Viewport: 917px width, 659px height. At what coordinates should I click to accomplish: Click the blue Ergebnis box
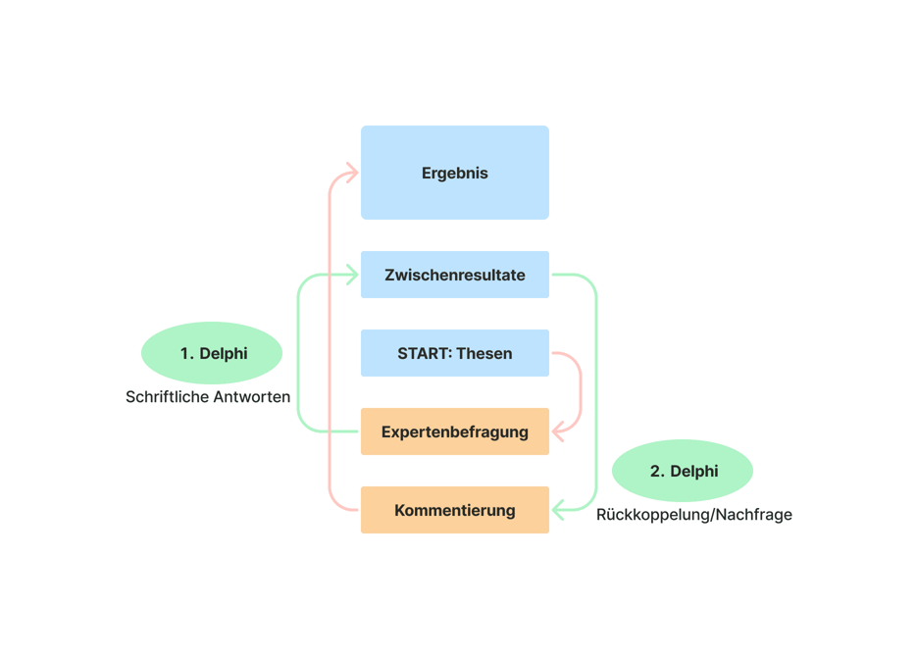click(x=454, y=173)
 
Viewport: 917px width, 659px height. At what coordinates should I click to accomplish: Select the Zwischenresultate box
click(x=454, y=275)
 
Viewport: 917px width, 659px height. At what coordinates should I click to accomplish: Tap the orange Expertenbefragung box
click(x=454, y=431)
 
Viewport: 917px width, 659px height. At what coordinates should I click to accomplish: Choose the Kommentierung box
click(x=454, y=510)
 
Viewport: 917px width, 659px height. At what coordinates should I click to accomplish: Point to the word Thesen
click(x=484, y=353)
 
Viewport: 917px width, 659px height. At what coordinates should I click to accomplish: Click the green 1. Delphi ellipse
click(x=212, y=353)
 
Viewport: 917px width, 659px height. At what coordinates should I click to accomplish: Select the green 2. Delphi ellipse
click(x=683, y=471)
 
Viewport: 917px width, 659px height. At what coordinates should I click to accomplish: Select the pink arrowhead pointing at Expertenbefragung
click(x=559, y=431)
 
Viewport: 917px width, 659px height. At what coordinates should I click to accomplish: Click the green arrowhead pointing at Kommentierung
click(x=559, y=510)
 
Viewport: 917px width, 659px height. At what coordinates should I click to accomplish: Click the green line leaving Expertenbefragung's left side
click(x=298, y=392)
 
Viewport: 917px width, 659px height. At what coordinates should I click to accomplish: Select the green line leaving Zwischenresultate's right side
click(x=596, y=392)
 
